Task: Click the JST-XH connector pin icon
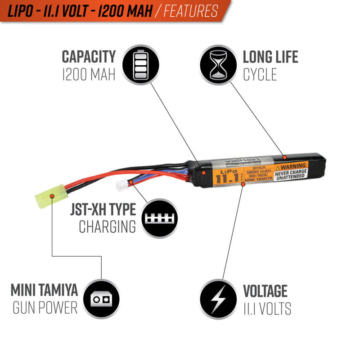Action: tap(160, 219)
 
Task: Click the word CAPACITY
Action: tap(89, 57)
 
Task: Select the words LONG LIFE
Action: tap(270, 57)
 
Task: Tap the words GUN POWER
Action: tap(45, 308)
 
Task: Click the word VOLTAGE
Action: tap(265, 291)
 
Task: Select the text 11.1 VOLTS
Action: tap(267, 309)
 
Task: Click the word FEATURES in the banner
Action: tap(191, 10)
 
